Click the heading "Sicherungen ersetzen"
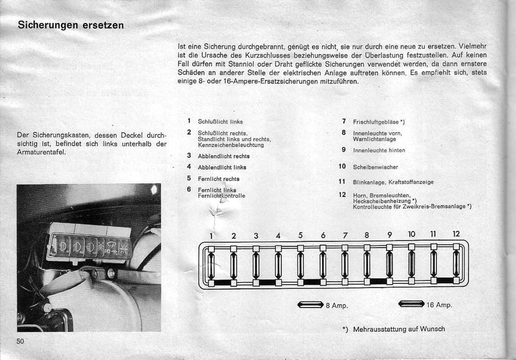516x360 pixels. [x=71, y=26]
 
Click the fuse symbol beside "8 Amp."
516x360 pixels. [x=310, y=305]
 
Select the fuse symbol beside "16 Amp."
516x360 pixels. [x=411, y=304]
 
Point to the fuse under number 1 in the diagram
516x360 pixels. [x=211, y=265]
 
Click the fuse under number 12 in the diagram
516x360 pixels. [x=456, y=265]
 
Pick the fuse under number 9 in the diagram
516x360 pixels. [x=389, y=265]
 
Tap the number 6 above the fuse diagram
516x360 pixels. [x=323, y=235]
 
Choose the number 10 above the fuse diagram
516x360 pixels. [x=412, y=234]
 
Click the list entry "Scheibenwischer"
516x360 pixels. [x=375, y=167]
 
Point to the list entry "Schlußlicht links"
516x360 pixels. [x=220, y=122]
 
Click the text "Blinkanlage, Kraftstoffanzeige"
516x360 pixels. [x=393, y=182]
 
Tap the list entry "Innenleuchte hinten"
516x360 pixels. [x=379, y=150]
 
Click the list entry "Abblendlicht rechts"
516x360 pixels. [x=223, y=156]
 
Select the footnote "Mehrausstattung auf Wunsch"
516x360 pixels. [x=399, y=329]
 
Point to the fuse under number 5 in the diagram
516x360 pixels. [x=300, y=265]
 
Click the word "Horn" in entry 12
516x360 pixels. [x=359, y=196]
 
